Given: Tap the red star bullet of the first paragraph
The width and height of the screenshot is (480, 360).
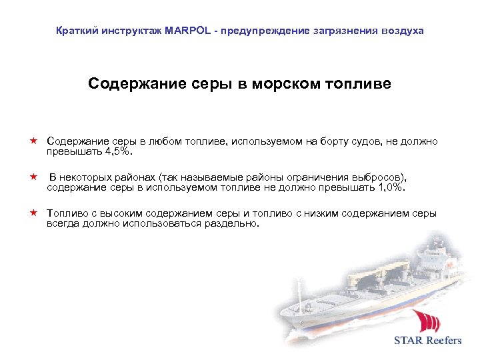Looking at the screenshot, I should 32,141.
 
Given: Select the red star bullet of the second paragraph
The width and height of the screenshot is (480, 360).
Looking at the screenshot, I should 32,178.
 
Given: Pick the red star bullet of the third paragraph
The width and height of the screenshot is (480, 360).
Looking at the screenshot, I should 32,213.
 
